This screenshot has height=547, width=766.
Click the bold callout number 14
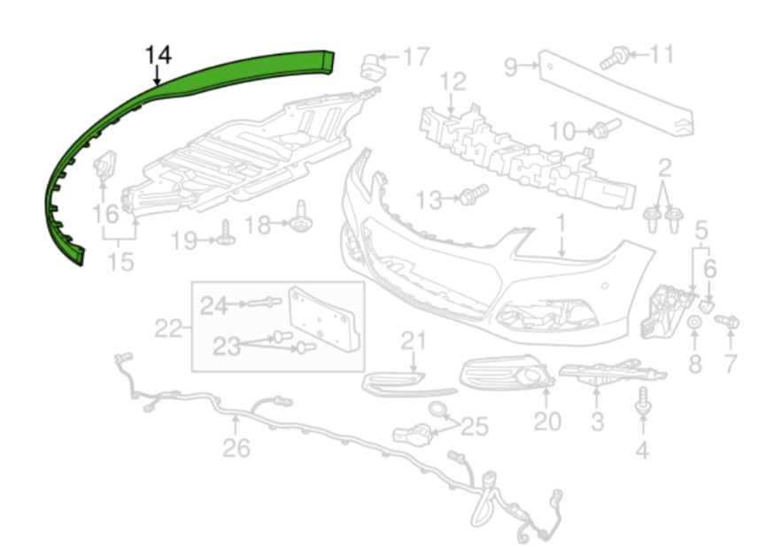[x=159, y=55]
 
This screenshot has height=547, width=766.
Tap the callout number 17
[x=415, y=58]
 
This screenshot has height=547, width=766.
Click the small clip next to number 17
[x=370, y=65]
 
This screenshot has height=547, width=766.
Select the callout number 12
[x=453, y=82]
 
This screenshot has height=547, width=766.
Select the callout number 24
[x=213, y=306]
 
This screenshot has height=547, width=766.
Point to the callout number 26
[x=236, y=448]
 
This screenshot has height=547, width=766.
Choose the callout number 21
[x=413, y=341]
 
